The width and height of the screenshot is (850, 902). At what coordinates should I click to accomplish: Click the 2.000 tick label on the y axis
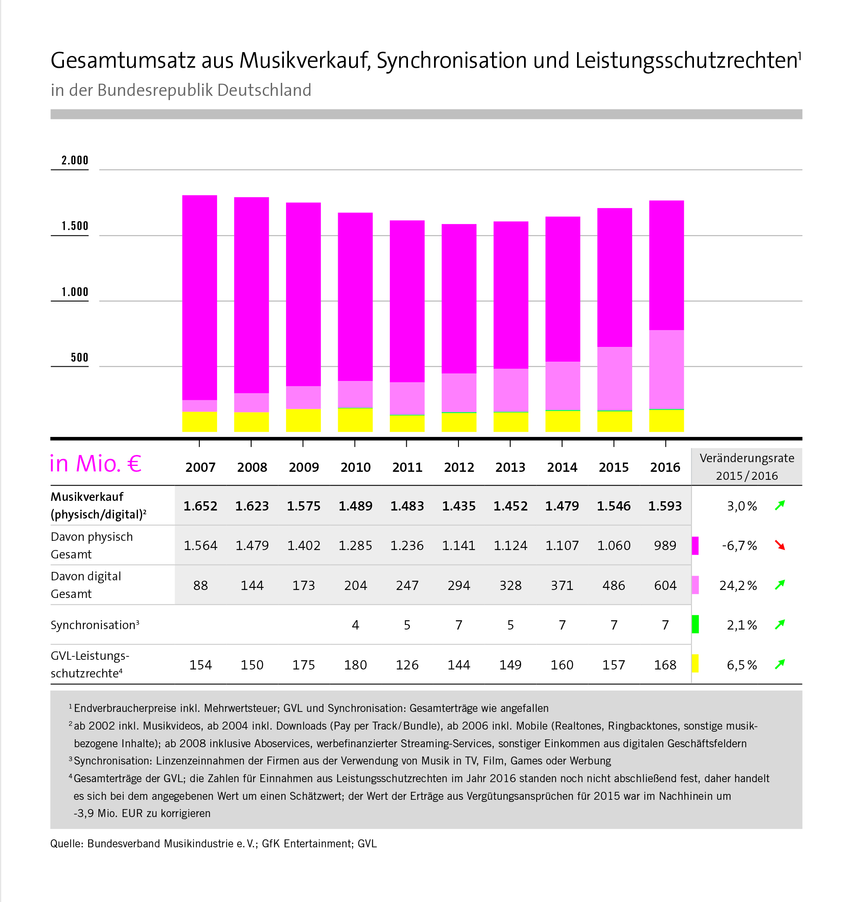pos(75,160)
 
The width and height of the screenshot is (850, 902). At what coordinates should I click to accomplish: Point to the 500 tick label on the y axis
pos(79,357)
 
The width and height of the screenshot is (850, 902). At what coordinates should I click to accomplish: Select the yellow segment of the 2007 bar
pos(200,421)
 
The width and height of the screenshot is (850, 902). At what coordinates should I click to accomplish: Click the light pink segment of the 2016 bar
pos(666,369)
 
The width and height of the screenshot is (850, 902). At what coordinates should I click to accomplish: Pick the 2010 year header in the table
pos(355,467)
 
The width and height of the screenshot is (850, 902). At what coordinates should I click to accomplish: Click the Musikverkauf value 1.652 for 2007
pos(200,506)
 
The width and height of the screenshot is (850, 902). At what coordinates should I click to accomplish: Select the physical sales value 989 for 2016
pos(665,545)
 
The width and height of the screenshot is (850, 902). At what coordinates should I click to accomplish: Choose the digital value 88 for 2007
pos(200,585)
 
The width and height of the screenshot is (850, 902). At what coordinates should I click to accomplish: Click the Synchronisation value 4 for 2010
pos(355,625)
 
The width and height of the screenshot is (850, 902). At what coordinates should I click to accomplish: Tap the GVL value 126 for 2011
pos(407,665)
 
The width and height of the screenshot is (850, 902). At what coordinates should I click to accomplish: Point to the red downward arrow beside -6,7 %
pos(780,545)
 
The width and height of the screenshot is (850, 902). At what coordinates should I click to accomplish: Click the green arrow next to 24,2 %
pos(780,585)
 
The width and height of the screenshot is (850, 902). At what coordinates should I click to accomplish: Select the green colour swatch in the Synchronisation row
pos(695,624)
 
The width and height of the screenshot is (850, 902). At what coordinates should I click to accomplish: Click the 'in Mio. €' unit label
pos(95,464)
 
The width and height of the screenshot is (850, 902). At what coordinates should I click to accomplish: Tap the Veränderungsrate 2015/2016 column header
pos(747,466)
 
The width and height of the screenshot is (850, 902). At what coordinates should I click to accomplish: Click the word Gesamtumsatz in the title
pos(122,61)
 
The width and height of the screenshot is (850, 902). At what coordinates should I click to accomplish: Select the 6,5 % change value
pos(741,665)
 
